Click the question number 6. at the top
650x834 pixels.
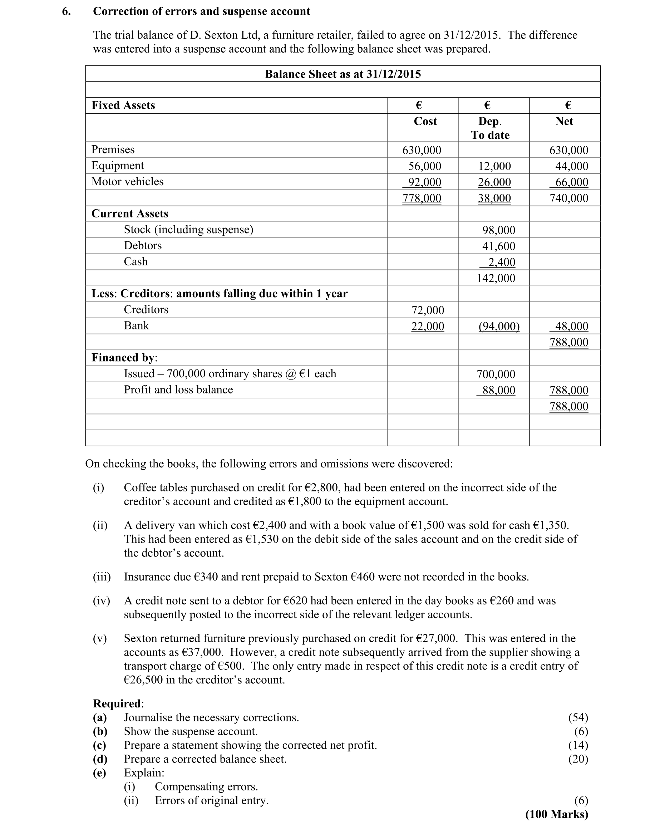tap(66, 11)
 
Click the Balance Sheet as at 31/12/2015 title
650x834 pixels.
tap(343, 74)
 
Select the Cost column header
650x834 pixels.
tap(425, 122)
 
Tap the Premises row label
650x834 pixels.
tap(113, 149)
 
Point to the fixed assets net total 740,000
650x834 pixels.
tap(568, 198)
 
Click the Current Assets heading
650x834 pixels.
tap(130, 214)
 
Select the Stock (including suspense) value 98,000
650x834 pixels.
tap(498, 230)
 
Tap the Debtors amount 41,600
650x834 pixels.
tap(498, 246)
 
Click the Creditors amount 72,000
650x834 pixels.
tap(428, 310)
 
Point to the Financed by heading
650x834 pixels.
tap(124, 357)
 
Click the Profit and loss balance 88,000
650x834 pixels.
tap(498, 390)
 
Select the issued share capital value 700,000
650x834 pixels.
tap(496, 374)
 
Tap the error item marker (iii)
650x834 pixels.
tap(102, 577)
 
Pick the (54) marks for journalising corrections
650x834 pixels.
tap(578, 717)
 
